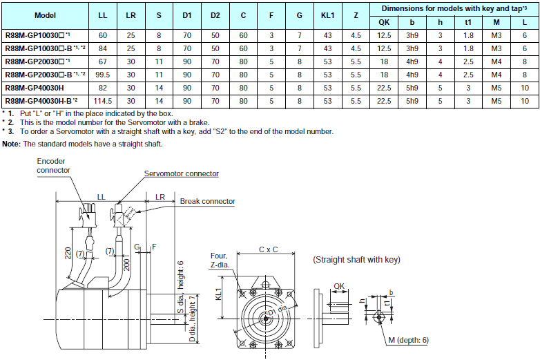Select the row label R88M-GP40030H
35,88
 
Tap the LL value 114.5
103,101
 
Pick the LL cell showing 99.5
103,75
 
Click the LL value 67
103,61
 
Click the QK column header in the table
384,21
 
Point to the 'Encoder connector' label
54,165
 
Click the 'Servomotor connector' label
181,173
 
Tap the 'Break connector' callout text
207,202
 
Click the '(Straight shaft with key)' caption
356,260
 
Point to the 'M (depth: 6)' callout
408,340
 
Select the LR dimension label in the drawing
160,197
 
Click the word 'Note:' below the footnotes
12,144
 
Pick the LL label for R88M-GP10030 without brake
103,35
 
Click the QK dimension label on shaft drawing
338,285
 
